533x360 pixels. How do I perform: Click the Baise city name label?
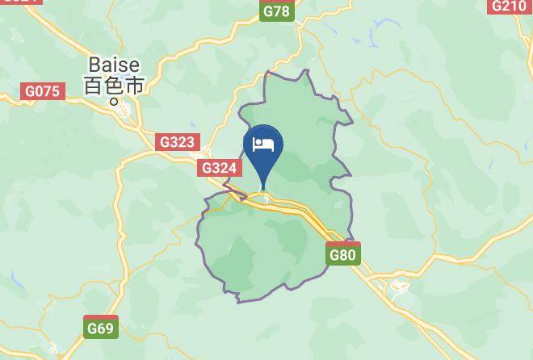tap(114, 64)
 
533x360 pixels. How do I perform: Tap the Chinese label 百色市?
tap(114, 84)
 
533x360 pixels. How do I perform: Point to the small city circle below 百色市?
tap(114, 102)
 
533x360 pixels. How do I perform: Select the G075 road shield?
tap(43, 91)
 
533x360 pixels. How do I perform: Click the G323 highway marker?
tap(177, 142)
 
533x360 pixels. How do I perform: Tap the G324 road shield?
tap(220, 168)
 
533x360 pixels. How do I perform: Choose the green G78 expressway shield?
tap(276, 10)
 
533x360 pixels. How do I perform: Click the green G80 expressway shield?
tap(342, 255)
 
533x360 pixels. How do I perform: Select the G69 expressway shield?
tap(101, 328)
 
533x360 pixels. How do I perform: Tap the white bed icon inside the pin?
tap(263, 144)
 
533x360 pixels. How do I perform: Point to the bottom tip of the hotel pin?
tap(263, 187)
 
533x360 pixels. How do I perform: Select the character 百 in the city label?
tap(94, 84)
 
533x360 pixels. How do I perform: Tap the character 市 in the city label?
tap(134, 84)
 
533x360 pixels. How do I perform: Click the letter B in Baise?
tap(94, 64)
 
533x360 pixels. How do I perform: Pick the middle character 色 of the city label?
tap(114, 84)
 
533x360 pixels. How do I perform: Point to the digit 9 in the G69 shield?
tap(109, 329)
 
